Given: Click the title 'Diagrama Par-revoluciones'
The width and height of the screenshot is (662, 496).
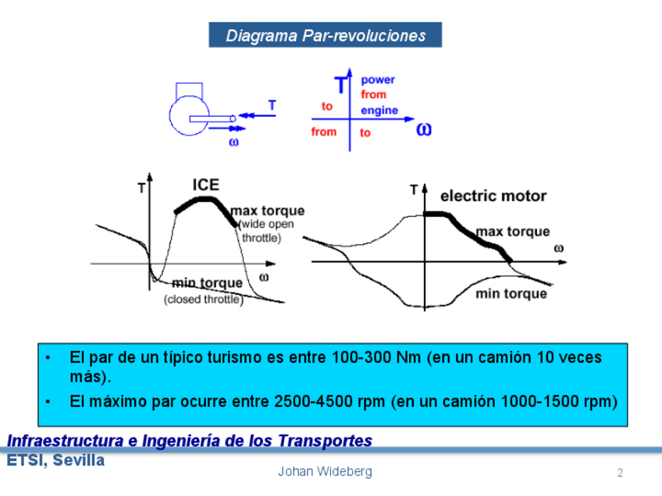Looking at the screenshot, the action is [326, 35].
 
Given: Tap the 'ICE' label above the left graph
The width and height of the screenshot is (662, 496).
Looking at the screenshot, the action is [206, 185].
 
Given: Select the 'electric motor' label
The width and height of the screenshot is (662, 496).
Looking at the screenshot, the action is [493, 196].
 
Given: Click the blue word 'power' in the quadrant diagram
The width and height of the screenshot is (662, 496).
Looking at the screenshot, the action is [378, 80].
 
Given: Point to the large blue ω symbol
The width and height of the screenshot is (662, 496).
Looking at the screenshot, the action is [423, 128].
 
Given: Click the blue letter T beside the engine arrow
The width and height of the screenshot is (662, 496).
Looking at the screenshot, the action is [272, 104].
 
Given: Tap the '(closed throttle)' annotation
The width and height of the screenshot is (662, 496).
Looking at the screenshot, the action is [203, 299].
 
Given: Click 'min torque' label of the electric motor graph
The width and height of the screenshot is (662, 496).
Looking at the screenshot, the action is [511, 293].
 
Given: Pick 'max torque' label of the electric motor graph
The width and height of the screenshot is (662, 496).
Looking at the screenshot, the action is [513, 232].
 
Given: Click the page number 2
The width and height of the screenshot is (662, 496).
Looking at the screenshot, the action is [620, 473].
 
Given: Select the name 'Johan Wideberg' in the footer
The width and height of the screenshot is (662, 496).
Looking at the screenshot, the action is [325, 471].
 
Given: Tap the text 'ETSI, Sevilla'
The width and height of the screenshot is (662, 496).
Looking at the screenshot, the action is [55, 461].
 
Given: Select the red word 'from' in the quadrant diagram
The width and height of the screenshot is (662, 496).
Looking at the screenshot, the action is [324, 132].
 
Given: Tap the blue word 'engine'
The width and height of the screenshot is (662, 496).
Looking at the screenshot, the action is [379, 110].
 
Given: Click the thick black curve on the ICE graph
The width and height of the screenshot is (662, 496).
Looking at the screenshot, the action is [205, 200].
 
